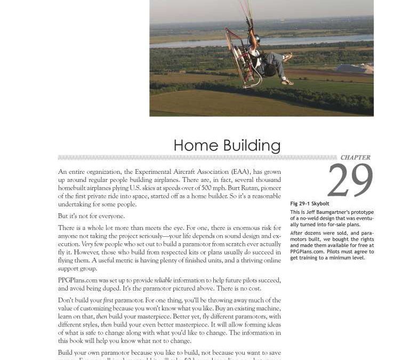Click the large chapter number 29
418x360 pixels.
click(x=350, y=181)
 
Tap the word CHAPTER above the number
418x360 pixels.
click(x=355, y=158)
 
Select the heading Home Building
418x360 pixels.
click(x=227, y=145)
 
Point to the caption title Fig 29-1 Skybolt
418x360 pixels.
click(x=309, y=204)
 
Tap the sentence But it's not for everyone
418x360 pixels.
click(x=91, y=216)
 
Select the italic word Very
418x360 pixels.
click(x=87, y=244)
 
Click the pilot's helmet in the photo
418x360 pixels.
click(x=256, y=38)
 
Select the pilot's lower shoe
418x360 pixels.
click(x=287, y=82)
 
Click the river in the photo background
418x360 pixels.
click(x=213, y=43)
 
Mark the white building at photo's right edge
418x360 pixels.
click(x=355, y=69)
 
